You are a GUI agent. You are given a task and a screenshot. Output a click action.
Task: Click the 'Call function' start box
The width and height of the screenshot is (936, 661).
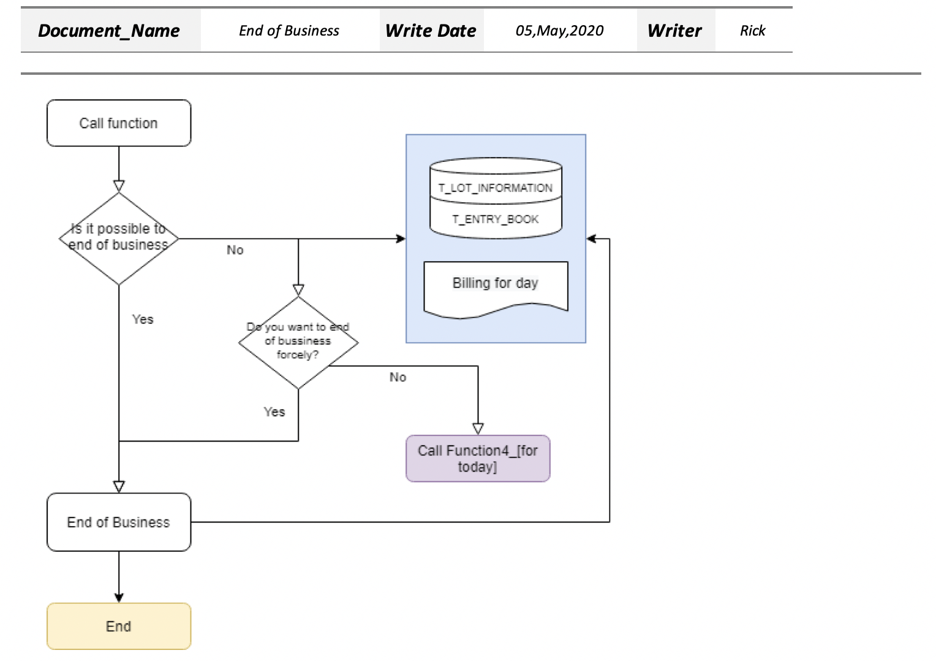coord(119,123)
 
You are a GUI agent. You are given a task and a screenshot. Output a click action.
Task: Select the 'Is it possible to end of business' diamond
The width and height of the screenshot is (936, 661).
coord(119,239)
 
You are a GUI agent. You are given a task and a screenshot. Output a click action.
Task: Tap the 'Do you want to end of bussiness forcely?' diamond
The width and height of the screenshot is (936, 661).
coord(298,342)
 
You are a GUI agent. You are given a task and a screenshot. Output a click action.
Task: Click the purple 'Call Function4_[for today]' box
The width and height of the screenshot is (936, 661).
coord(478,459)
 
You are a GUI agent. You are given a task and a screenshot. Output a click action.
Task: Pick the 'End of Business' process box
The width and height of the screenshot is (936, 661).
coord(119,522)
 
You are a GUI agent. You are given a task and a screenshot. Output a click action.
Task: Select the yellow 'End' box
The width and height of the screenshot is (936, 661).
coord(119,626)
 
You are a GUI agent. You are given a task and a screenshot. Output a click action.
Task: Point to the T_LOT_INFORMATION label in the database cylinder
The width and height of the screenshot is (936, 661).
coord(496,188)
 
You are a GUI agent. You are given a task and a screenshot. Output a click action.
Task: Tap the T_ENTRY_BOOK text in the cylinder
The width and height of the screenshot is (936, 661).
coord(496,220)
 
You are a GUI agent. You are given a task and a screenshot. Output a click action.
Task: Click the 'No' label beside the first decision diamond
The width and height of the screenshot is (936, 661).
coord(235,250)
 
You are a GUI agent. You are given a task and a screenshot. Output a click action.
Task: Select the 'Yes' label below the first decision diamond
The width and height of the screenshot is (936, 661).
coord(143,319)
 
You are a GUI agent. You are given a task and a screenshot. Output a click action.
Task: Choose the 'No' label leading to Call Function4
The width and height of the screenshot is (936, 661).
coord(398,377)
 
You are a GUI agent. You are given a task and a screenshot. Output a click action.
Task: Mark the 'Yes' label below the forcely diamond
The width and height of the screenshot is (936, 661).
coord(274,412)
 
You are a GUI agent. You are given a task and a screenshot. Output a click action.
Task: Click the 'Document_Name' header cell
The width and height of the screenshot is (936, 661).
coord(109,31)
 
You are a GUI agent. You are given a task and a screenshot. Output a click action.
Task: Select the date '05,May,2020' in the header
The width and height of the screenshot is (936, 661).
coord(559,31)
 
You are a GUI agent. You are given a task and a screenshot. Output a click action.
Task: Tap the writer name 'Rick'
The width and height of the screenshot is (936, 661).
coord(753,31)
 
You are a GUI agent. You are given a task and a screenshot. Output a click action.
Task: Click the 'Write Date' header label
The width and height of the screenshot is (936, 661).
coord(431,31)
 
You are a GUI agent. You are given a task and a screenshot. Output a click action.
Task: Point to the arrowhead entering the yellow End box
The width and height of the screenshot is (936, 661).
coord(119,598)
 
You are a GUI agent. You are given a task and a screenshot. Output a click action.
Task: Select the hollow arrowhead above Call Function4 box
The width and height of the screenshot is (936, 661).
coord(478,429)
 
